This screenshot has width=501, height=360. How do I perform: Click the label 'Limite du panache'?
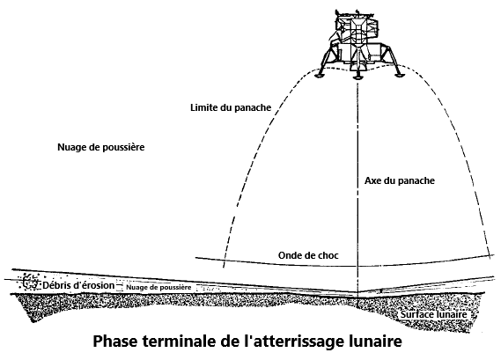click(x=231, y=107)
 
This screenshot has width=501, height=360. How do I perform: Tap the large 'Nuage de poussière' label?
click(x=101, y=147)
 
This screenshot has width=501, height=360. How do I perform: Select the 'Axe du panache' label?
click(x=400, y=180)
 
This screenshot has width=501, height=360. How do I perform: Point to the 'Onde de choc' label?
click(x=308, y=255)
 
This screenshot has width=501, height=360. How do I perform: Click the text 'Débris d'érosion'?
click(x=78, y=285)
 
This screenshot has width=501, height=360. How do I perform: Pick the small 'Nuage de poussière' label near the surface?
click(x=158, y=288)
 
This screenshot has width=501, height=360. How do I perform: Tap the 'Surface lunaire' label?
click(x=434, y=314)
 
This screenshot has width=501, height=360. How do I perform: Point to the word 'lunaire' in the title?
click(x=375, y=341)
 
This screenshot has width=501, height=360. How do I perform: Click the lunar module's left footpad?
click(x=320, y=75)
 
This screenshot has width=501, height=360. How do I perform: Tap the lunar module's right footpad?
click(x=398, y=75)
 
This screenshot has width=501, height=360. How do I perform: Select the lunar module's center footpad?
click(x=357, y=77)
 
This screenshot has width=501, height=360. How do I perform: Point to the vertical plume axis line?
click(x=357, y=188)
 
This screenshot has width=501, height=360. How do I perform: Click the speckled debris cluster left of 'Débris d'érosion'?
click(x=30, y=282)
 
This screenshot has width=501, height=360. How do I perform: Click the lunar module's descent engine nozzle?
click(x=357, y=65)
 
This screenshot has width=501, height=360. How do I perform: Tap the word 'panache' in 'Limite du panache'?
click(x=253, y=108)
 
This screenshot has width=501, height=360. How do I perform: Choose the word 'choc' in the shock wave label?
click(x=328, y=255)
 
